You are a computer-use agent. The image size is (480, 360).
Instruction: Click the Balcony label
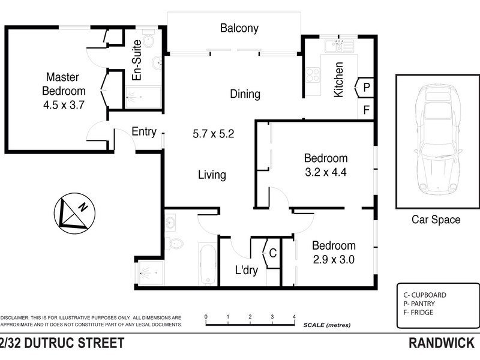click(239, 28)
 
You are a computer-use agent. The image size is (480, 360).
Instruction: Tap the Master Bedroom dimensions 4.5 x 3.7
click(66, 104)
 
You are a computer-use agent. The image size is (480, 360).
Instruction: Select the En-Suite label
click(137, 60)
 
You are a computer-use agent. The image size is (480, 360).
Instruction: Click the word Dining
click(245, 94)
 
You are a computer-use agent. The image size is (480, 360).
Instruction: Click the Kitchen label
click(338, 80)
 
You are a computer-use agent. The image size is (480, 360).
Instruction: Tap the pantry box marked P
click(365, 88)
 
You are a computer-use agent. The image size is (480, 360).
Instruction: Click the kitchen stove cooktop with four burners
click(313, 75)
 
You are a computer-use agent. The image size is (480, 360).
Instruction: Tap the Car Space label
click(436, 220)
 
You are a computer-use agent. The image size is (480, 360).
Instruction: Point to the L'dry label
click(246, 270)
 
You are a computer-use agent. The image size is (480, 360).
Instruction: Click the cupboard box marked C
click(272, 253)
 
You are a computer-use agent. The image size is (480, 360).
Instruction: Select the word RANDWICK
click(442, 344)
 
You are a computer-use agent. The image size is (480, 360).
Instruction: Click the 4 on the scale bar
click(294, 316)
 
